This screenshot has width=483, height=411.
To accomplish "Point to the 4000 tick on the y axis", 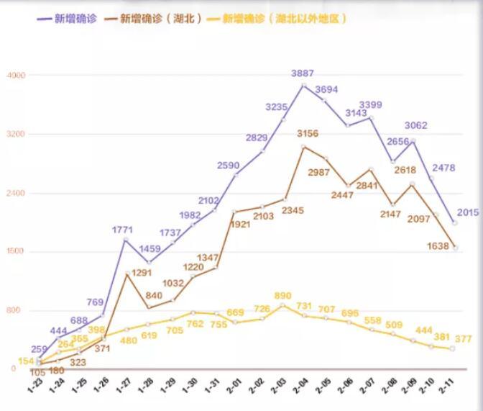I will (16, 75).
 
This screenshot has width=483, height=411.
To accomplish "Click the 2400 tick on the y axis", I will (16, 193).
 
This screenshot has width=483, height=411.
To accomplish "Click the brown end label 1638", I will (437, 246).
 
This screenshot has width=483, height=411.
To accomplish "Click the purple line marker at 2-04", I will (304, 86).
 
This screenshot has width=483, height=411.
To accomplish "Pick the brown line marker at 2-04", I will (304, 147).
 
